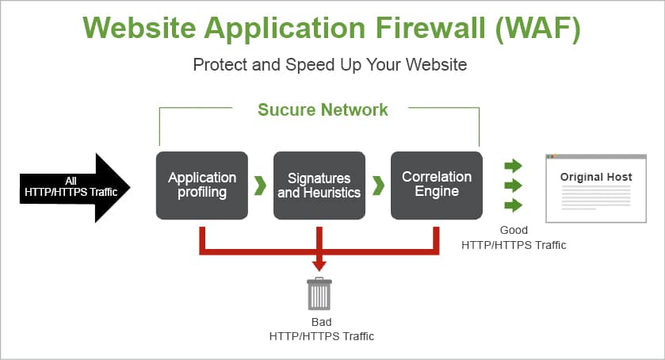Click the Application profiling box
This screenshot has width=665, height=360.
[x=202, y=185]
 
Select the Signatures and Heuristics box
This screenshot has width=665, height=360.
[x=319, y=185]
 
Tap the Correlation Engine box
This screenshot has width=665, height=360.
[x=436, y=185]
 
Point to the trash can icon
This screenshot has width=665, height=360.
[x=319, y=293]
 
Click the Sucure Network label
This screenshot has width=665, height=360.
[x=323, y=109]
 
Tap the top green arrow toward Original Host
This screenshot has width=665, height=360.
[x=514, y=166]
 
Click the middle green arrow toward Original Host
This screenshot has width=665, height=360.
[x=514, y=186]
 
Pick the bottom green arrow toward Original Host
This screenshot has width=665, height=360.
[x=514, y=205]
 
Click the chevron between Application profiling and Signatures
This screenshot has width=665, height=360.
[x=260, y=186]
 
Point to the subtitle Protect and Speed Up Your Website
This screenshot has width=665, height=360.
[x=330, y=64]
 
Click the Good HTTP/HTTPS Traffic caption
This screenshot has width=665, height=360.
[x=514, y=238]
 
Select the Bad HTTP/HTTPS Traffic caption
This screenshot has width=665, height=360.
[x=321, y=329]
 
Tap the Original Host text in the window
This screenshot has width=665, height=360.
[x=596, y=177]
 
